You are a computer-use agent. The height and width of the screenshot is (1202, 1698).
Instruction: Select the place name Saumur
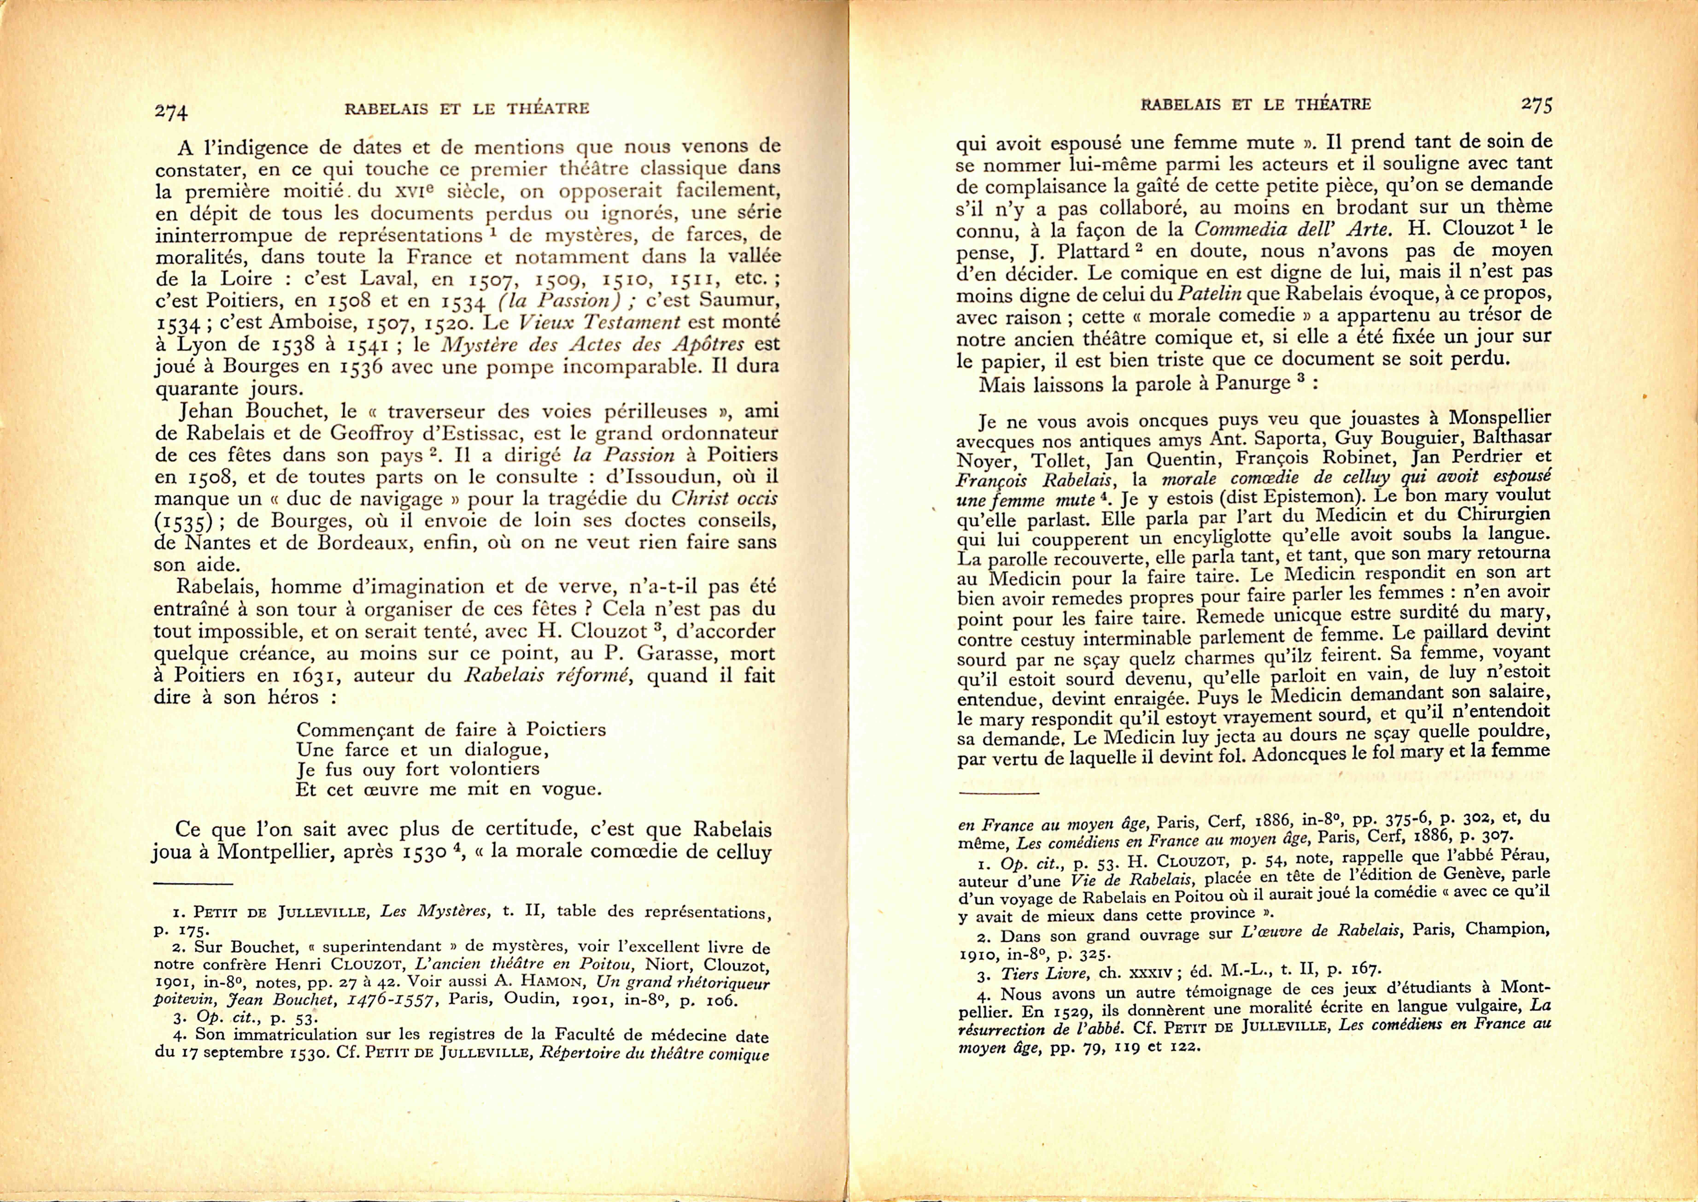[x=735, y=300]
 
